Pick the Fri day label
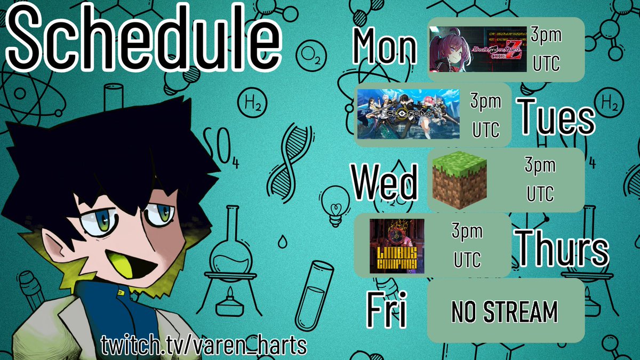tap(386, 310)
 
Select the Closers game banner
tap(409, 114)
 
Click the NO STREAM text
tap(504, 312)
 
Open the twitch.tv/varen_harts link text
tap(204, 345)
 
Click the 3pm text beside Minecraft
tap(540, 166)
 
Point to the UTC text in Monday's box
tap(546, 63)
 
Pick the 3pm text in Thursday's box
tap(467, 231)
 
